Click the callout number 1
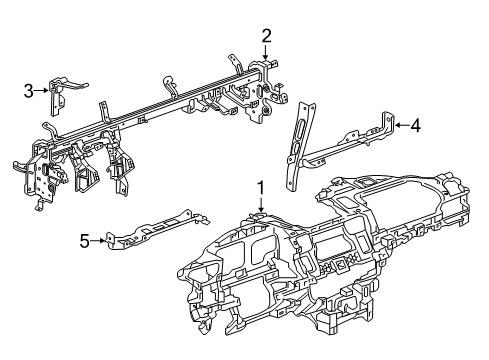[260, 188]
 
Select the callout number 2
[266, 36]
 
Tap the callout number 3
[29, 91]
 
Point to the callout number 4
[415, 126]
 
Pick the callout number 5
[85, 241]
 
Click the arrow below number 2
[266, 52]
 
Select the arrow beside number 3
[42, 90]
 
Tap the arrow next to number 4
[402, 125]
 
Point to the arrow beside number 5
[98, 240]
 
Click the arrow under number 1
[260, 204]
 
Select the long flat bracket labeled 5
[157, 229]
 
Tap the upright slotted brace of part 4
[300, 147]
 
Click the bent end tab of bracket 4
[388, 122]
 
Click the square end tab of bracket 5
[110, 240]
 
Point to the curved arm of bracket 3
[75, 85]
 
